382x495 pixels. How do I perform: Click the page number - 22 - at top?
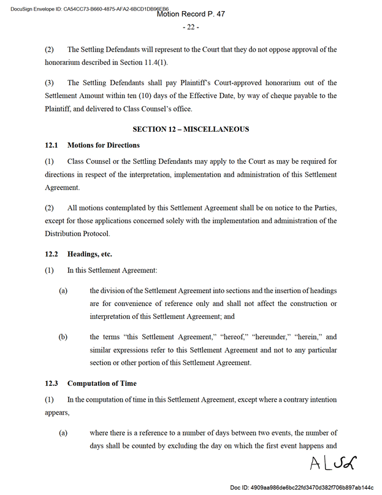191,28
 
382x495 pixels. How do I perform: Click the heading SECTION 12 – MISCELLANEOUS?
191,129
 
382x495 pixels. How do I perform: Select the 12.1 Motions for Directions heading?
92,145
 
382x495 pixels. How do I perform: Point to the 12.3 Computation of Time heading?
91,383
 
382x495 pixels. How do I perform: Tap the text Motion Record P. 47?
191,13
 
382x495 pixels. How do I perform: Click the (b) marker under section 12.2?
63,337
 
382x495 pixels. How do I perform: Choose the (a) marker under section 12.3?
63,432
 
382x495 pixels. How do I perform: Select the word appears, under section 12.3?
57,413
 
